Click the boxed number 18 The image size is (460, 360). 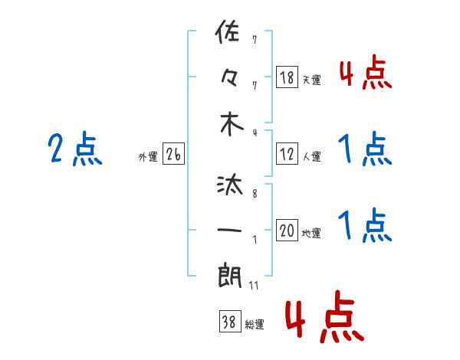coord(287,77)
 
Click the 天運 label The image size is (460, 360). coord(312,80)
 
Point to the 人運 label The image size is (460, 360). coord(312,157)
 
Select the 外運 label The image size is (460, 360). coord(148,157)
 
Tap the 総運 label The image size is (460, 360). coord(254,325)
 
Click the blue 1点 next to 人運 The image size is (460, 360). coord(365,149)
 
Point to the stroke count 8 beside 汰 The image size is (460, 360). coord(254,195)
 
